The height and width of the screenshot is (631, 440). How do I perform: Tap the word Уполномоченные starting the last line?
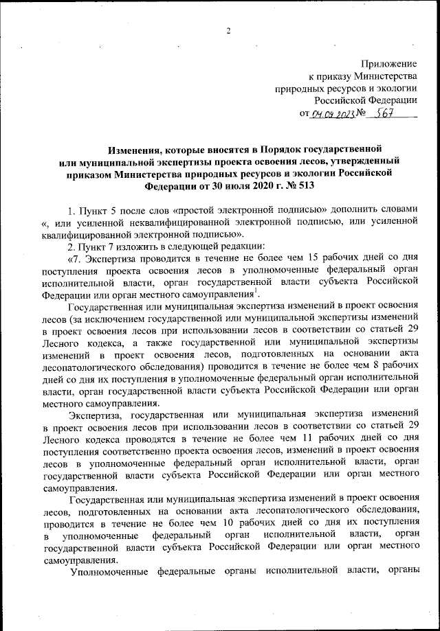pyautogui.click(x=110, y=577)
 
